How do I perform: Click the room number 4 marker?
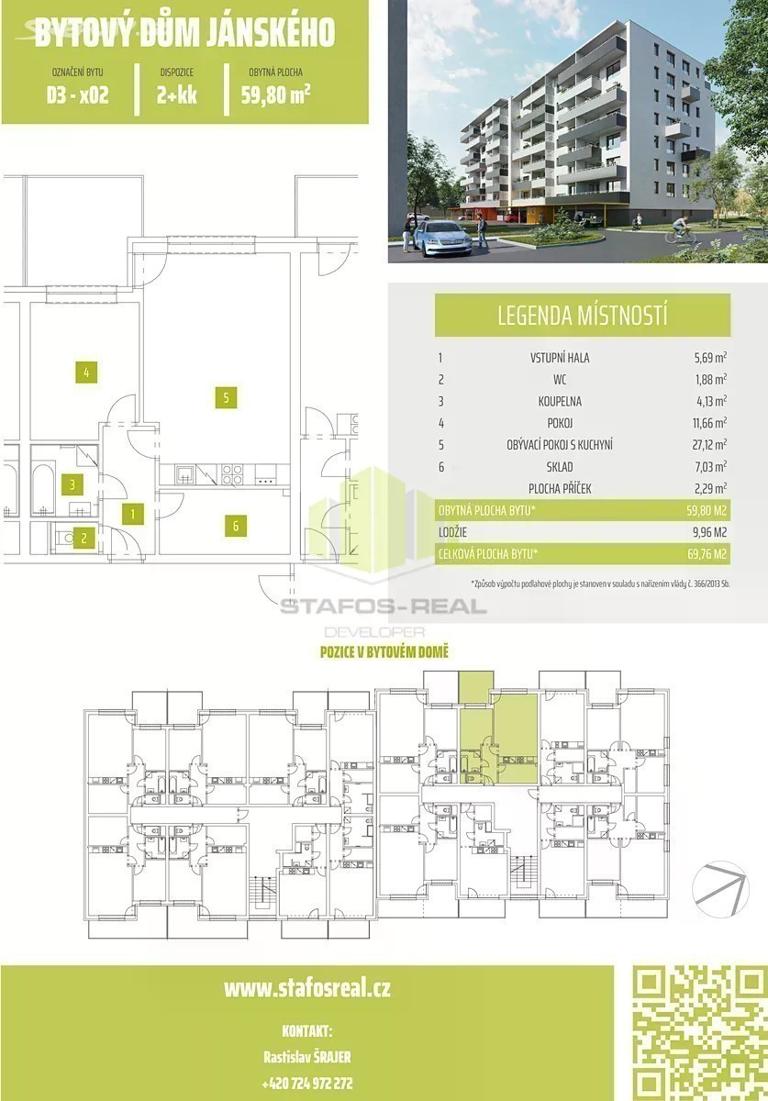pyautogui.click(x=86, y=373)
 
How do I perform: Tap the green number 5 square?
pyautogui.click(x=226, y=397)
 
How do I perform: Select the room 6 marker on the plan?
pyautogui.click(x=236, y=526)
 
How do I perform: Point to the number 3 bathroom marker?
pyautogui.click(x=72, y=484)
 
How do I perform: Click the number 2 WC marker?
pyautogui.click(x=84, y=539)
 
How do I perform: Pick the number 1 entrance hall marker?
pyautogui.click(x=133, y=514)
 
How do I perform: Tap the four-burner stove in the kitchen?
pyautogui.click(x=231, y=474)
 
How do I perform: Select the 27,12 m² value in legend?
pyautogui.click(x=710, y=445)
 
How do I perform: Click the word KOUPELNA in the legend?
pyautogui.click(x=560, y=401)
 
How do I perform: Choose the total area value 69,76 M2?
pyautogui.click(x=707, y=554)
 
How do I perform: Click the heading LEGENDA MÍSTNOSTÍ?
pyautogui.click(x=582, y=315)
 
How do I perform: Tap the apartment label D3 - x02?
pyautogui.click(x=78, y=95)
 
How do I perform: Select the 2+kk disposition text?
pyautogui.click(x=177, y=95)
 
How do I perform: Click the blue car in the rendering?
pyautogui.click(x=443, y=238)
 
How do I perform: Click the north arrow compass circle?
pyautogui.click(x=720, y=889)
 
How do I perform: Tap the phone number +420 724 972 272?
pyautogui.click(x=307, y=1083)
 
